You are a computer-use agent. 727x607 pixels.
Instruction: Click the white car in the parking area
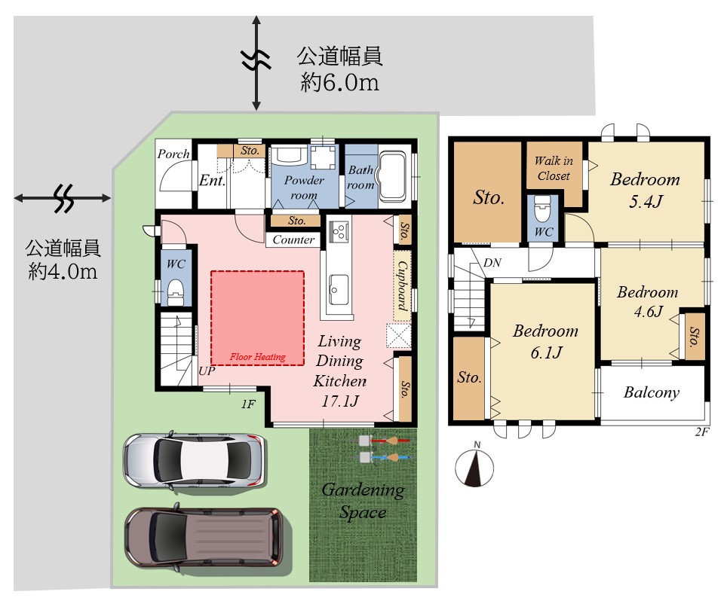pos(194,461)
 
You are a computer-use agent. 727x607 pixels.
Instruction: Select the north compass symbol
pos(474,465)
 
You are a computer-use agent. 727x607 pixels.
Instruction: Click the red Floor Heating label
pos(258,357)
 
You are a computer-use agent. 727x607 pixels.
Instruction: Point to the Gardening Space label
pos(363,501)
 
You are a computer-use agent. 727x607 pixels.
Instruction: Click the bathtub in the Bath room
pos(393,176)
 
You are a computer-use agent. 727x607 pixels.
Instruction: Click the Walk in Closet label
pos(554,169)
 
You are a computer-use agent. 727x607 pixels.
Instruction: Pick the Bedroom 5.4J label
pos(646,189)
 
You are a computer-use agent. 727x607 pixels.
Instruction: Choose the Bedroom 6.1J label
pos(546,341)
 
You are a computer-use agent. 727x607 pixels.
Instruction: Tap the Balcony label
pos(652,392)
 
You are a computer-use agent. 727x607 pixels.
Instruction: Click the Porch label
pos(173,154)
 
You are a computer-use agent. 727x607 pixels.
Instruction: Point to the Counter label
pos(293,239)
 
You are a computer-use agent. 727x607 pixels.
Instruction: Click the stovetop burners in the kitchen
pos(339,230)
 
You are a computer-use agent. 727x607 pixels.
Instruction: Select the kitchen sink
pos(339,289)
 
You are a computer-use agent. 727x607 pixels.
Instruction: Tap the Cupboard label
pos(402,285)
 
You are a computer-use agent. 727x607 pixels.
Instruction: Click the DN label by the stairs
pos(492,263)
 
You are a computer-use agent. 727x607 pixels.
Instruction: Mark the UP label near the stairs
pos(207,371)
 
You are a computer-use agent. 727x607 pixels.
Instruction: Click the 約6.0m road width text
pos(340,82)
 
